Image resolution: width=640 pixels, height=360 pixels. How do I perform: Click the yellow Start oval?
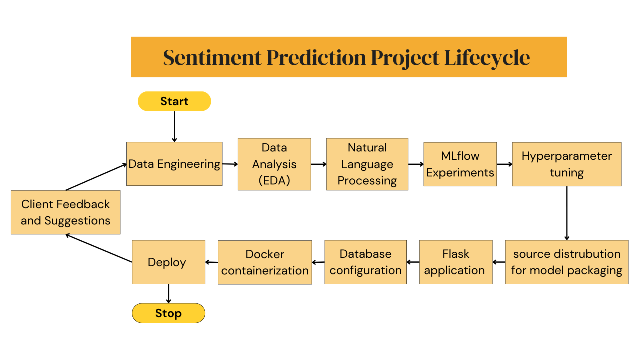[174, 101]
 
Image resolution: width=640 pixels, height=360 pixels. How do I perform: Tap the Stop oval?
[168, 313]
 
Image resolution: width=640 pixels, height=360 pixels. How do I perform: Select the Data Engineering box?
[174, 164]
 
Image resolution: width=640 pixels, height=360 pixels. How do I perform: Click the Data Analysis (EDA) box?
[274, 164]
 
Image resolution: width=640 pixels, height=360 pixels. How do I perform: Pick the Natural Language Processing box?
[367, 164]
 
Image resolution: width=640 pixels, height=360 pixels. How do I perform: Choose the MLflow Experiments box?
[460, 164]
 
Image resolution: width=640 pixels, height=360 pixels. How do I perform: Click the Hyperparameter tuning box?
[566, 164]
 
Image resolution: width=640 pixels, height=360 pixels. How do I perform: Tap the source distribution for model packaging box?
[566, 262]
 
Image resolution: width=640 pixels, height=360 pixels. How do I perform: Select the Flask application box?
[455, 262]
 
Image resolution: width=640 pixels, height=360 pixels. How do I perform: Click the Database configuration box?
[365, 262]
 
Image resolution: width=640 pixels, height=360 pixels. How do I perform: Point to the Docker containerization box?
[265, 262]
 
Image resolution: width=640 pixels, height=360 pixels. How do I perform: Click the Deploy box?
[168, 262]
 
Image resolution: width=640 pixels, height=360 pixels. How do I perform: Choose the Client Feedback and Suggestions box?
[65, 212]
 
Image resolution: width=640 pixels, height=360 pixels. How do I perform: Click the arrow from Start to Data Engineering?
[174, 126]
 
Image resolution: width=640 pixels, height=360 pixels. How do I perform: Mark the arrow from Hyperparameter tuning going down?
[567, 213]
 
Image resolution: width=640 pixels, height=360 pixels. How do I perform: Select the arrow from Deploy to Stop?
[168, 294]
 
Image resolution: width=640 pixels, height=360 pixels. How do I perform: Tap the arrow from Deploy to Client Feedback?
[99, 248]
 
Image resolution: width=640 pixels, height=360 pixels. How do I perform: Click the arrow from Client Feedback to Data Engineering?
[96, 177]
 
